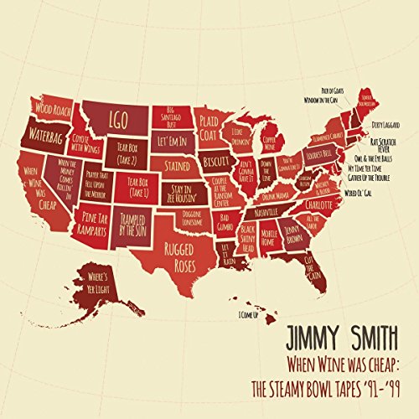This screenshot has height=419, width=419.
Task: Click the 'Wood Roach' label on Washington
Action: (x=54, y=109)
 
